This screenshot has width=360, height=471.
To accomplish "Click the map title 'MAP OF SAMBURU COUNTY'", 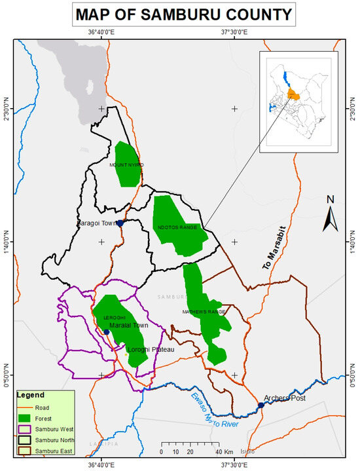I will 181,14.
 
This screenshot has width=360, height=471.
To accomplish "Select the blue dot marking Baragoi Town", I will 120,223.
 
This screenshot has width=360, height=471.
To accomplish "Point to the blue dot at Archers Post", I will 261,405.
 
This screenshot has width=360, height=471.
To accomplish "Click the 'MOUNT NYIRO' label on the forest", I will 126,165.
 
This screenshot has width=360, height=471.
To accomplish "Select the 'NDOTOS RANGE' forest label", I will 177,227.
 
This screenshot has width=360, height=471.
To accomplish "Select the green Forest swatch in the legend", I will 27,417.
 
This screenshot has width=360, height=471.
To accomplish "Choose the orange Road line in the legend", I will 27,407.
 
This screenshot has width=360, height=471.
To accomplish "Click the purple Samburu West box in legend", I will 27,428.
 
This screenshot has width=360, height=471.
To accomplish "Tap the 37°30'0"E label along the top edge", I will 234,31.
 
